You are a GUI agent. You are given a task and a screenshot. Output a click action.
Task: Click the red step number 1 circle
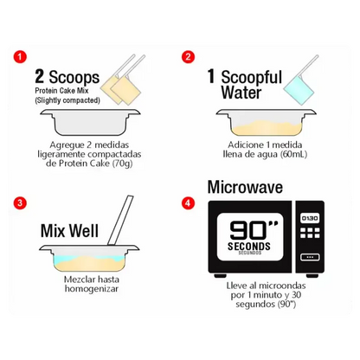coord(20,56)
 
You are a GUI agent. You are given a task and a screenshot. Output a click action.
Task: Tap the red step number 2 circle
coord(188,56)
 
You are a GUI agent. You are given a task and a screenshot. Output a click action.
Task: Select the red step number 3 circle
coord(20,202)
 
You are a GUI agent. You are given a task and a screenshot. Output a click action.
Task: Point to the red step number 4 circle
coord(188,202)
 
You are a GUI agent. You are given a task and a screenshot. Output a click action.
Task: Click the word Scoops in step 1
coord(74,77)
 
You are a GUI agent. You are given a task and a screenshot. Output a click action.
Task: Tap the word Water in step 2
coord(241,93)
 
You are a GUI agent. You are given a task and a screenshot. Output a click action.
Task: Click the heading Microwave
coord(245,187)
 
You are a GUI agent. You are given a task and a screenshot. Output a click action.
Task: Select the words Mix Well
coord(69,231)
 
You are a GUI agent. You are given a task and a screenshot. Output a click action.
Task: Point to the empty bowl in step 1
coord(90,122)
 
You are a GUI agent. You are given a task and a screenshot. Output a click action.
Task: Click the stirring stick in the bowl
coord(120,221)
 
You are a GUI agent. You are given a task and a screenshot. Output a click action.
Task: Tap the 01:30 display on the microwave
coord(310,218)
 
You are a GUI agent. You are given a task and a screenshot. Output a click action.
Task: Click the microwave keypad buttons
coord(310,233)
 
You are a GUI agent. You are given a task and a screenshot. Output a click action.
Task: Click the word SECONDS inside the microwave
coord(249,247)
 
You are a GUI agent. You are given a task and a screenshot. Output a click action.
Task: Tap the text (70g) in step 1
coord(122,164)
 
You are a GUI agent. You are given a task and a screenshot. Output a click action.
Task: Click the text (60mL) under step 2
coord(294,154)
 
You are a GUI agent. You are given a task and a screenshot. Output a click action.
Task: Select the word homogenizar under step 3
coord(92,289)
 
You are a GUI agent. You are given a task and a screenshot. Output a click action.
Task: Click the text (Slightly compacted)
coord(67,100)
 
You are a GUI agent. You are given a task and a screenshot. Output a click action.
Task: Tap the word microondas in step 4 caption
coord(282,286)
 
